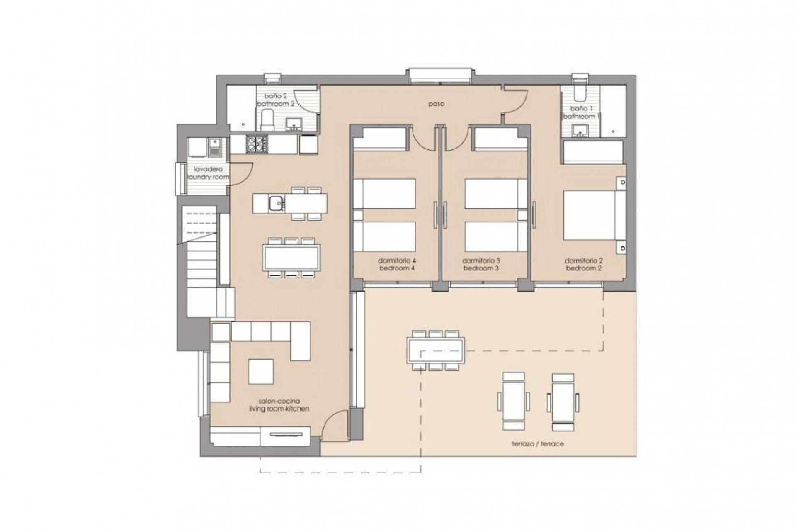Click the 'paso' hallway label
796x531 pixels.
(x=437, y=104)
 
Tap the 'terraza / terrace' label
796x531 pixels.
(x=538, y=443)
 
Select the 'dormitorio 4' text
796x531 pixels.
(x=397, y=261)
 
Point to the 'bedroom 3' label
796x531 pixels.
(x=481, y=268)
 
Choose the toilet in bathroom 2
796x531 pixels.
(x=268, y=119)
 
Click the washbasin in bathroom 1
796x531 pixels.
(x=579, y=130)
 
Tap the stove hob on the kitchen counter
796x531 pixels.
(x=256, y=144)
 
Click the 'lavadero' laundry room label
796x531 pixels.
(x=209, y=169)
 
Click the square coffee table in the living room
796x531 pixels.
(x=261, y=371)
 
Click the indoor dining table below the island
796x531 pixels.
(x=291, y=257)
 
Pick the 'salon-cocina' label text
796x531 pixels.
(x=279, y=401)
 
